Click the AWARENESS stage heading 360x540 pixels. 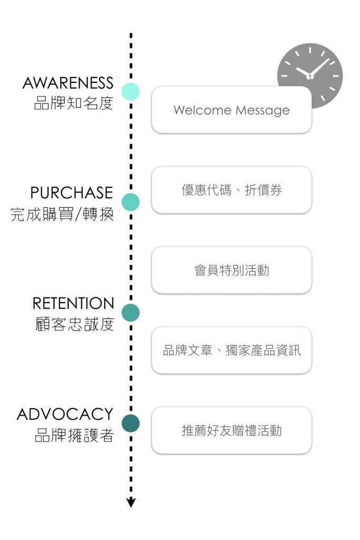tap(68, 83)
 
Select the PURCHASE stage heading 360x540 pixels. tap(72, 193)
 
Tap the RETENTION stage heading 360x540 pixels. tap(73, 303)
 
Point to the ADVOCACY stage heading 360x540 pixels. tap(65, 414)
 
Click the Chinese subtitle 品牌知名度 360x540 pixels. tap(74, 103)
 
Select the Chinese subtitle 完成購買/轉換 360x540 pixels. tap(62, 214)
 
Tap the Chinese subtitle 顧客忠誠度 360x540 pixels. tap(74, 324)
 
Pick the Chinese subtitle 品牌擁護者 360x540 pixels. tap(74, 435)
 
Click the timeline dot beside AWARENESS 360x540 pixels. tap(131, 92)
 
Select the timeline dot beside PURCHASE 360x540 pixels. tap(131, 202)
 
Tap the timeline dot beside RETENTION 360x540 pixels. tap(131, 313)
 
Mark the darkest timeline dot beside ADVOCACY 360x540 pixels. tap(131, 423)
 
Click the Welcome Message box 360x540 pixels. tap(231, 110)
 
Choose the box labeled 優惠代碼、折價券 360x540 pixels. tap(231, 190)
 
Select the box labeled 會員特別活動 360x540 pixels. tap(231, 271)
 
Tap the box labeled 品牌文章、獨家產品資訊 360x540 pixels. tap(231, 351)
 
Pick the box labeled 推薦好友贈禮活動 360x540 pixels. tap(231, 431)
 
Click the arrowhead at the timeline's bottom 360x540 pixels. tap(131, 503)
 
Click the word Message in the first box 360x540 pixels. tap(262, 111)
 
